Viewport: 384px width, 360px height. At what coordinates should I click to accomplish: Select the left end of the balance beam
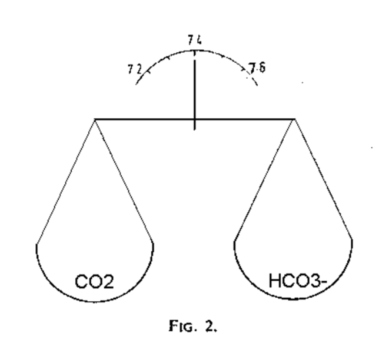tap(95, 119)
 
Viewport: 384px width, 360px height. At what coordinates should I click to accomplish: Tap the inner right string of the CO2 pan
tap(124, 181)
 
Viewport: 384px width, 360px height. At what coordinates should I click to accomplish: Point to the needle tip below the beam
tap(194, 129)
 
